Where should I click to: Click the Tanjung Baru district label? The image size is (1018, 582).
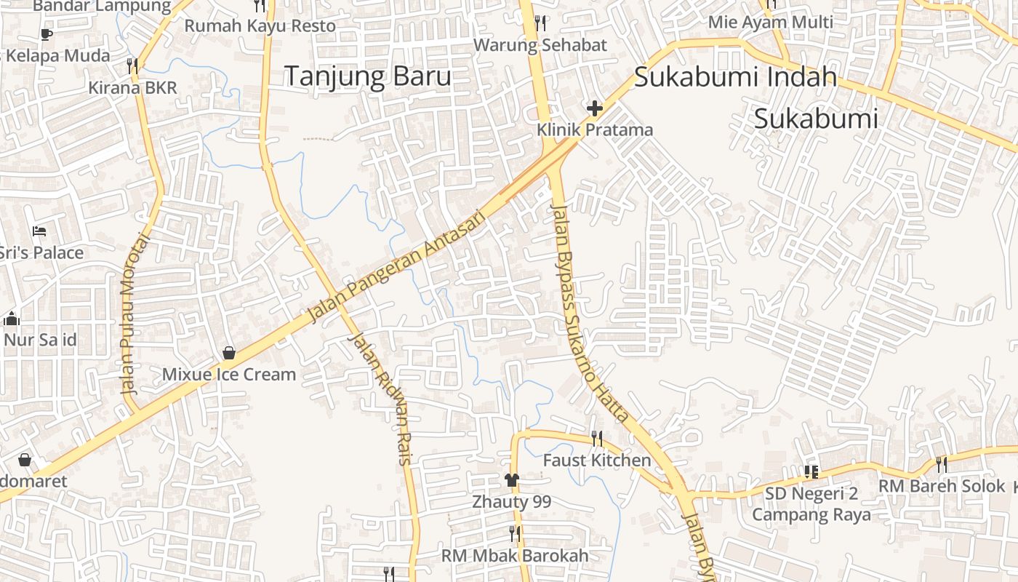[x=367, y=76]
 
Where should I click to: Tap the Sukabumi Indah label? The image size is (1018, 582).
[x=735, y=76]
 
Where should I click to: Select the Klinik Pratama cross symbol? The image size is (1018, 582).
[x=595, y=109]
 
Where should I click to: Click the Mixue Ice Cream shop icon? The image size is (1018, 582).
[x=229, y=353]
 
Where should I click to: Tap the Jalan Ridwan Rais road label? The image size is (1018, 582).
[x=380, y=398]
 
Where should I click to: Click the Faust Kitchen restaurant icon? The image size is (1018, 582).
[x=597, y=438]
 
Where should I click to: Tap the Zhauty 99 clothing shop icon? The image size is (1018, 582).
[x=512, y=480]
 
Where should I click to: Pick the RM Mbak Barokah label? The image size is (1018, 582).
[x=515, y=556]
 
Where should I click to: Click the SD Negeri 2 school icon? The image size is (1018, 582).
[x=811, y=472]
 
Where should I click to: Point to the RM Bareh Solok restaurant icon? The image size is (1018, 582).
[x=942, y=464]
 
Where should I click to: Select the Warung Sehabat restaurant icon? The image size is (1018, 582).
[x=540, y=23]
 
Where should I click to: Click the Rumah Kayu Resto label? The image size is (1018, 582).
[x=260, y=26]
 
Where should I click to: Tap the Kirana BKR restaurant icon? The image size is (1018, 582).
[x=132, y=66]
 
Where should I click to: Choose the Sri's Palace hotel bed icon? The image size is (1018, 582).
[x=40, y=231]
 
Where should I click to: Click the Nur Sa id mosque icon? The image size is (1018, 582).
[x=11, y=319]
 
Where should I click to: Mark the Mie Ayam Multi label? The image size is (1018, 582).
[x=770, y=22]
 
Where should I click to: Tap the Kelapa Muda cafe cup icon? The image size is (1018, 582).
[x=47, y=33]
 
